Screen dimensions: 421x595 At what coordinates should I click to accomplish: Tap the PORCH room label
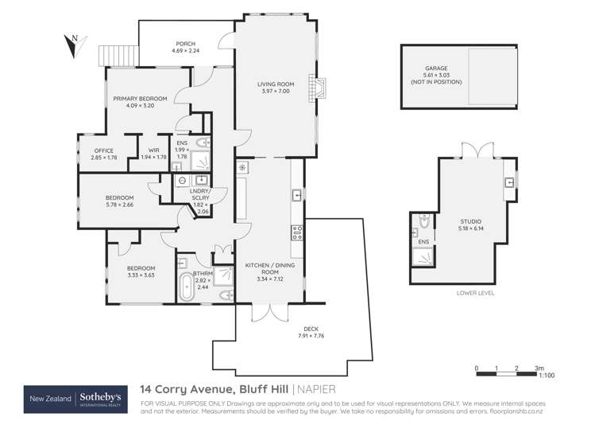[x=184, y=44]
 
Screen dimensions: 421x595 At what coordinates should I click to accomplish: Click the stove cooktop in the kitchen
[x=298, y=232]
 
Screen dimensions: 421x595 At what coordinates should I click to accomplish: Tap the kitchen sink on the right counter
[x=296, y=193]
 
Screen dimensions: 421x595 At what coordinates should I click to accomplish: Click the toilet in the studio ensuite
[x=423, y=220]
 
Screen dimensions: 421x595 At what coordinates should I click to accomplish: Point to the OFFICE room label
[x=104, y=150]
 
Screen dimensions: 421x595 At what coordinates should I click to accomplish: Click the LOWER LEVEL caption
[x=475, y=293]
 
